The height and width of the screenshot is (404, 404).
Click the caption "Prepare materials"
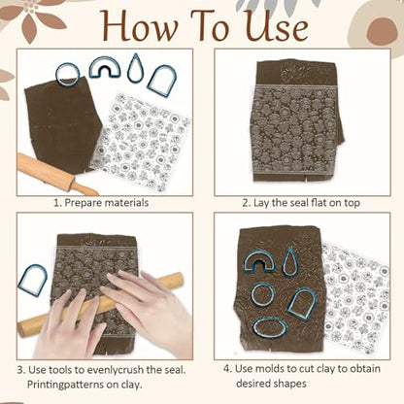coord(106,203)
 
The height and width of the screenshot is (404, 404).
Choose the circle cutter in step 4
coord(263,294)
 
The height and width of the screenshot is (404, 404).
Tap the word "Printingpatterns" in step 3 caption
coord(69,385)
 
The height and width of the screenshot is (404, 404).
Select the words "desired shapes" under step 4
coord(271,384)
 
